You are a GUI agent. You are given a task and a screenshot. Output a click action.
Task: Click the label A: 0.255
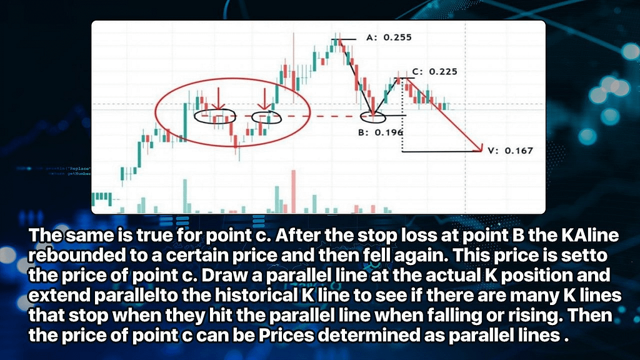click(x=389, y=37)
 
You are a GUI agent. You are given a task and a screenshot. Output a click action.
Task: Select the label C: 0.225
click(x=435, y=72)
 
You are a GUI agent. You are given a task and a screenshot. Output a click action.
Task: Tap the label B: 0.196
click(x=381, y=132)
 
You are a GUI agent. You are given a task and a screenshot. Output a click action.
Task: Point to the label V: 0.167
click(x=511, y=151)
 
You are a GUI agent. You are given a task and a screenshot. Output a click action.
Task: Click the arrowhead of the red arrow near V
click(x=480, y=149)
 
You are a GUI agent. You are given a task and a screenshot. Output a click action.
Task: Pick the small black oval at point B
click(x=373, y=117)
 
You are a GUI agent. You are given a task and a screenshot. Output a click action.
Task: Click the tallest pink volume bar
click(x=294, y=191)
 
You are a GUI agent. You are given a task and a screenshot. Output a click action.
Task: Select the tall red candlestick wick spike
click(x=294, y=67)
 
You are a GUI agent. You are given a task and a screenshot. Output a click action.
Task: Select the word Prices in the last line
click(x=286, y=335)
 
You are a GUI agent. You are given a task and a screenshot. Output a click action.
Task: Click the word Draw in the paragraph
click(x=223, y=276)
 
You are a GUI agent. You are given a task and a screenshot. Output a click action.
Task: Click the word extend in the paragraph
click(x=59, y=295)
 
